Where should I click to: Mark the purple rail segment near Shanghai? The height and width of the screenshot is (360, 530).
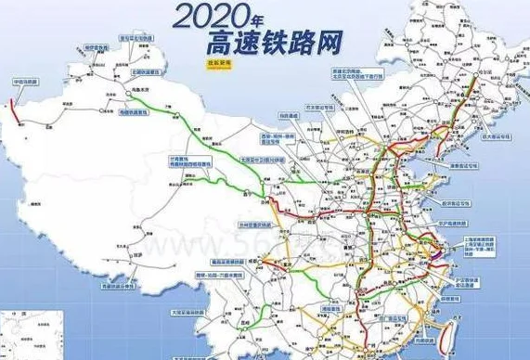(x=434, y=244)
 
